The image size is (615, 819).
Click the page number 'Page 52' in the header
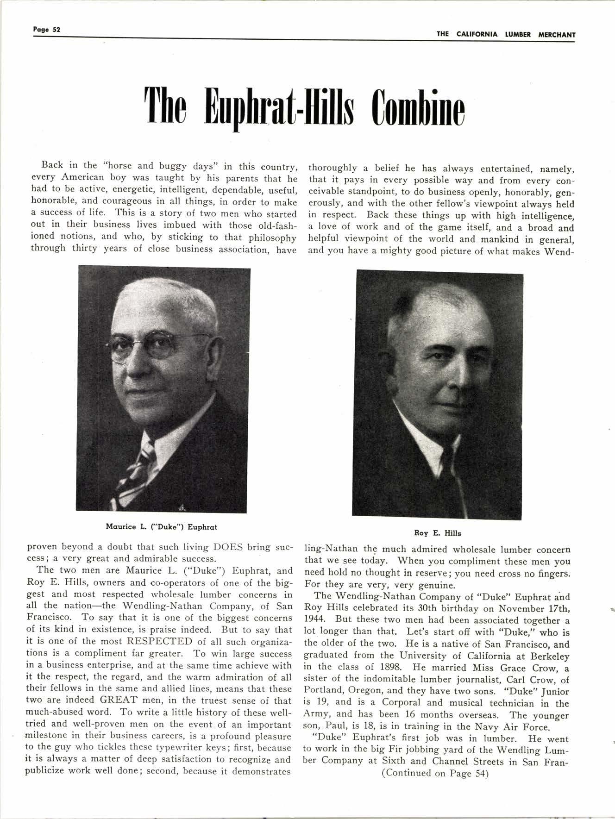(x=47, y=29)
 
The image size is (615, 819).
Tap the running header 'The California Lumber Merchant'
(x=506, y=34)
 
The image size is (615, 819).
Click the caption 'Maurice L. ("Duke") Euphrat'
(x=161, y=527)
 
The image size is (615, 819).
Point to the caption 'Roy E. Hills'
(x=437, y=533)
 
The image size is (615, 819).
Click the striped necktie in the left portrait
(x=139, y=468)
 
